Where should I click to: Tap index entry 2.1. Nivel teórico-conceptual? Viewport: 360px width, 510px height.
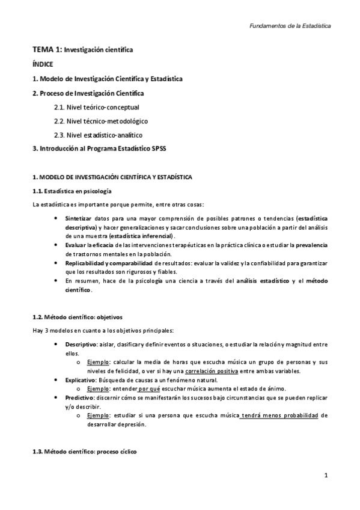(96, 108)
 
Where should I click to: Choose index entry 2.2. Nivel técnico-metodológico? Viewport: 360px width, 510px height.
(100, 121)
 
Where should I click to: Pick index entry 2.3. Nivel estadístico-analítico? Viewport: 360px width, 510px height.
(98, 135)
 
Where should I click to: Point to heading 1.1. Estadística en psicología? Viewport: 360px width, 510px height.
(72, 191)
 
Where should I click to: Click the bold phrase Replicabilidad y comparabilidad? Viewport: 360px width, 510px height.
(108, 263)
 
